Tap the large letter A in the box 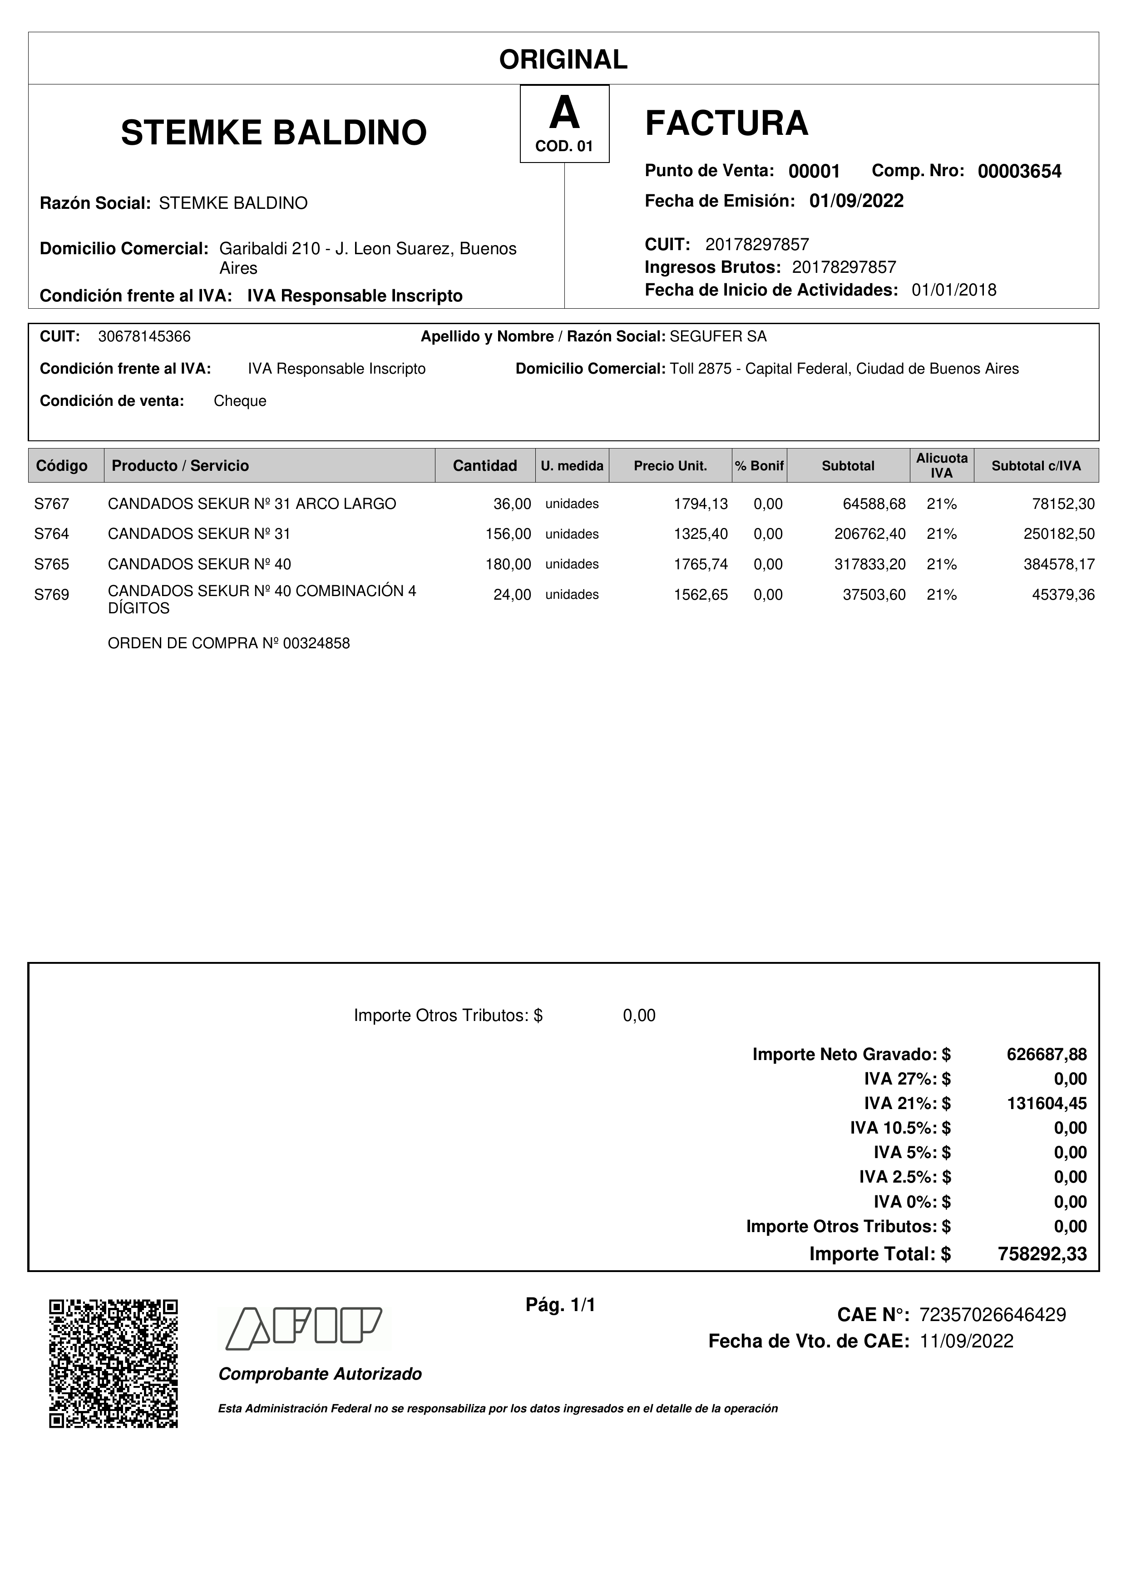[x=564, y=114]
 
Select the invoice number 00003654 [x=1019, y=171]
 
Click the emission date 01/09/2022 [x=856, y=201]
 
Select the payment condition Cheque [x=240, y=401]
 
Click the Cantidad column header [x=484, y=465]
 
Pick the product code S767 [x=52, y=504]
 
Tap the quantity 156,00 [x=509, y=534]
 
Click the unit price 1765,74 [x=701, y=565]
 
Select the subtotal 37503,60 [x=874, y=595]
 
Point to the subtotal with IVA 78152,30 [x=1063, y=504]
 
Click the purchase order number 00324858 [x=316, y=644]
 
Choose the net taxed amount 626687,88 [x=1046, y=1055]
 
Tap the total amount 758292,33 [x=1042, y=1254]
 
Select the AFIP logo [x=305, y=1328]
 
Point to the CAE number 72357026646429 [x=992, y=1315]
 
